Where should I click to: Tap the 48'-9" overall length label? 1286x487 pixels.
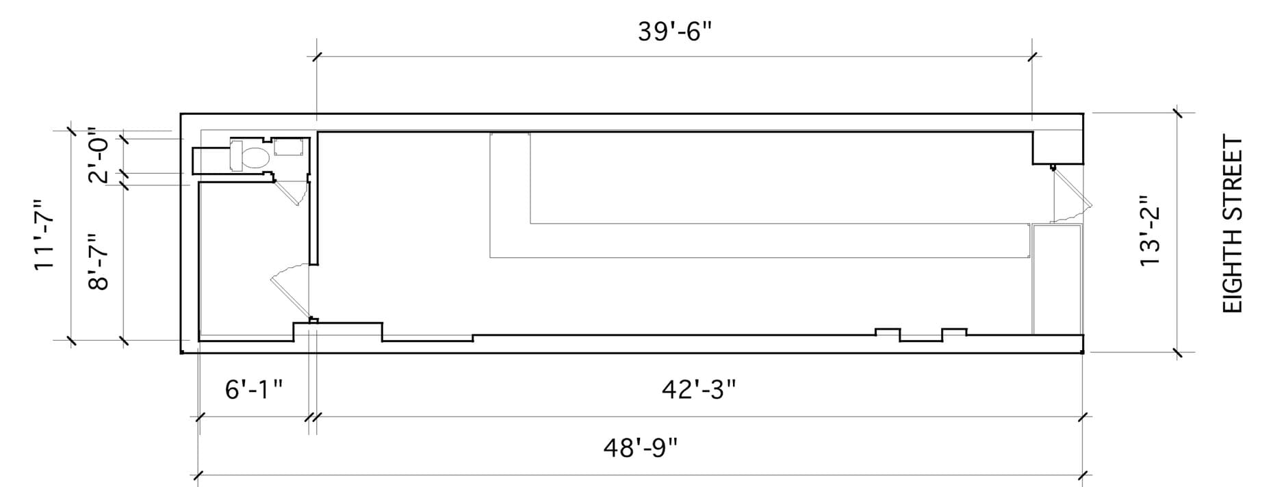[x=640, y=449]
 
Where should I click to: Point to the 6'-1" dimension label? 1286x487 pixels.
[x=254, y=390]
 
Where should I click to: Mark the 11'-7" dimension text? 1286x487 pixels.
[x=45, y=235]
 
